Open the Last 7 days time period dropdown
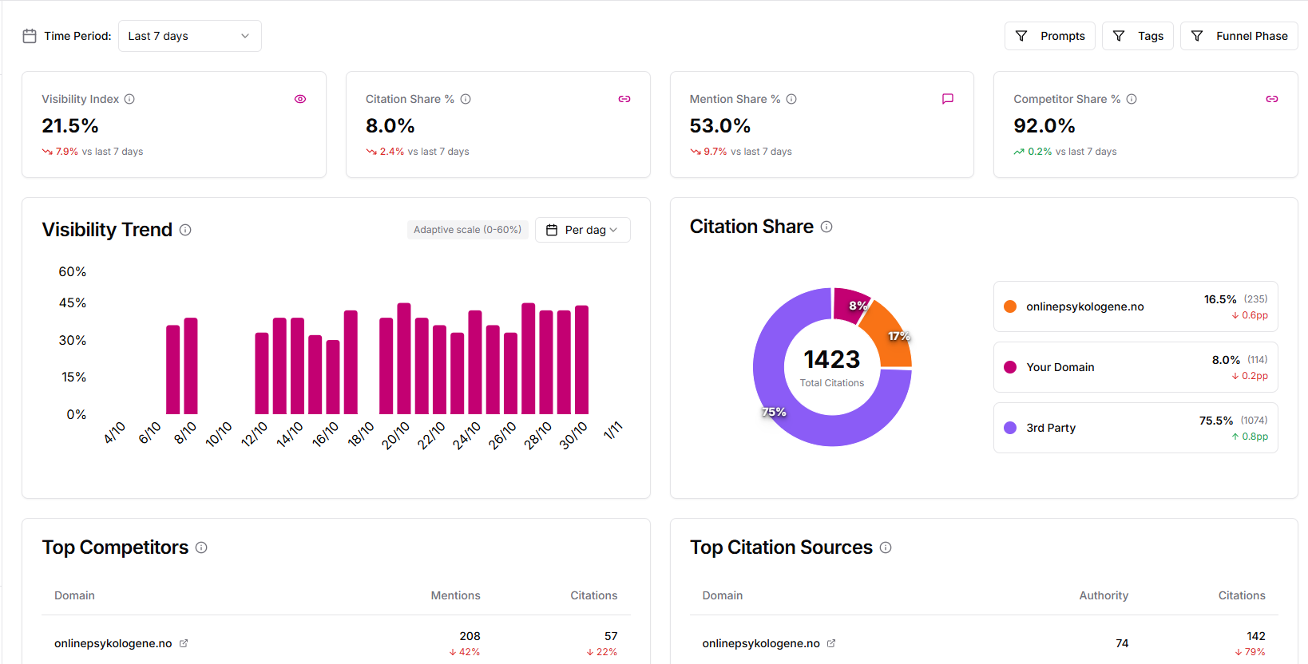[189, 36]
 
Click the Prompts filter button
[1049, 36]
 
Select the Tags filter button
[1137, 36]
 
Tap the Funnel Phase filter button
[1239, 36]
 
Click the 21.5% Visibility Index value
[70, 126]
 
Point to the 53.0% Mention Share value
[719, 126]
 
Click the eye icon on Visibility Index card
[300, 99]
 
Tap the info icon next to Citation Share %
[466, 99]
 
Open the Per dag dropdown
[582, 230]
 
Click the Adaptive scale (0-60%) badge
[467, 230]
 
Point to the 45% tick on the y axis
[72, 303]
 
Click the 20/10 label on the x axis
[395, 435]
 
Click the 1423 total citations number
[831, 360]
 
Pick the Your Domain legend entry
[1060, 367]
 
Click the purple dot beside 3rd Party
[1010, 428]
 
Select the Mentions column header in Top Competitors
[455, 595]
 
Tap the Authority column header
[1103, 595]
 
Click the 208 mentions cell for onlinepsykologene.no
[470, 636]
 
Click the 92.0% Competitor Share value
[1044, 126]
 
